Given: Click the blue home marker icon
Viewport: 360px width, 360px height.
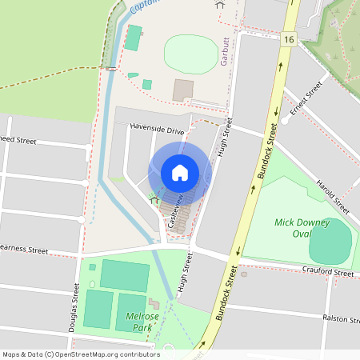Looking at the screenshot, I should [180, 172].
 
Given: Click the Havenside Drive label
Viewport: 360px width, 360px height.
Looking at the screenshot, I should [158, 129].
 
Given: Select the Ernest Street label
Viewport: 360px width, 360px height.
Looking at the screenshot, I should [306, 98].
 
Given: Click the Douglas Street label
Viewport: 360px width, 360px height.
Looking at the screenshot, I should [74, 310].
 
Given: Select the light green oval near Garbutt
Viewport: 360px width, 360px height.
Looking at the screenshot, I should [191, 54].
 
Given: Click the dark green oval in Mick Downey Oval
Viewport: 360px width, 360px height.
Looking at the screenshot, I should [330, 242].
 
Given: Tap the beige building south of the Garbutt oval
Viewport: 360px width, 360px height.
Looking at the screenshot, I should [183, 89].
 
